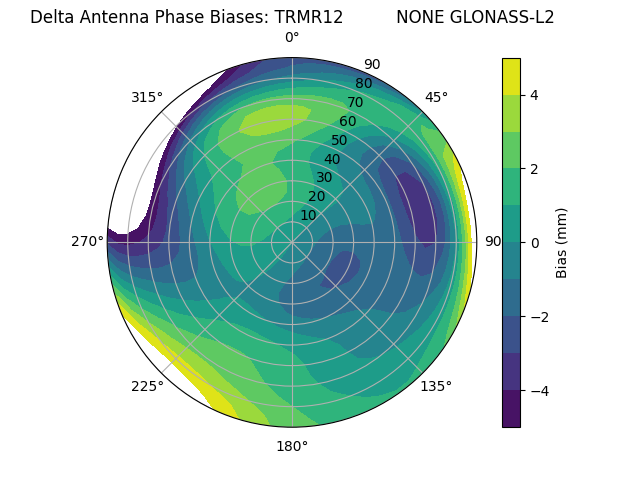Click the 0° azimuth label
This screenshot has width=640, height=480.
tap(292, 38)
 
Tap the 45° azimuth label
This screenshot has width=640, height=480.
tap(436, 97)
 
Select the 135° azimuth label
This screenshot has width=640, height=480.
tap(436, 386)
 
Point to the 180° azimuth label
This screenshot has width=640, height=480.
tap(292, 446)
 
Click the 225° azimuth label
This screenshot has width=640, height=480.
tap(147, 386)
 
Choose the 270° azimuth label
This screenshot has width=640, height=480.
tap(88, 242)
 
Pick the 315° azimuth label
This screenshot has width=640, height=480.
tap(147, 97)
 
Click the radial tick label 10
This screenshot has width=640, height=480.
tap(308, 215)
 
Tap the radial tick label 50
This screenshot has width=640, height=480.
tap(339, 140)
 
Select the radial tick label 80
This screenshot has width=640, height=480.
tap(363, 83)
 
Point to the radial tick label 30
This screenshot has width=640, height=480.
tap(324, 177)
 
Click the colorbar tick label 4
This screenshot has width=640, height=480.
tap(535, 95)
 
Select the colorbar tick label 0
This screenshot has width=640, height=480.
tap(535, 242)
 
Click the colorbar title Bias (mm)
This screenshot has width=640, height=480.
tap(562, 242)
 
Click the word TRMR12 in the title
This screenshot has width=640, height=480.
tap(309, 17)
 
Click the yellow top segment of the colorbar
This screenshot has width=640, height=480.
tap(511, 76)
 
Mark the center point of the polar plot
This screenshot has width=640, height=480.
tap(292, 242)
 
